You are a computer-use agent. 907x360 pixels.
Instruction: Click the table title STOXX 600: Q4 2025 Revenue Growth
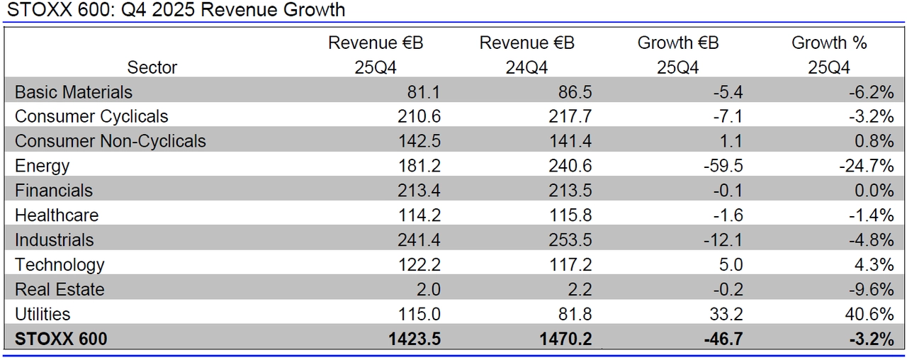[x=176, y=10]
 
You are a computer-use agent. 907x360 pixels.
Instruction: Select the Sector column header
[x=152, y=67]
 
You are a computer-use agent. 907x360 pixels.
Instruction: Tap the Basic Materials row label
[x=74, y=92]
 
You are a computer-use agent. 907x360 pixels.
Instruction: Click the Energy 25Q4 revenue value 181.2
[x=419, y=166]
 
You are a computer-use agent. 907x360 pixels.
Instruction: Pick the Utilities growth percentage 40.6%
[x=872, y=314]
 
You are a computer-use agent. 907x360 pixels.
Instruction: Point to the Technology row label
[x=60, y=265]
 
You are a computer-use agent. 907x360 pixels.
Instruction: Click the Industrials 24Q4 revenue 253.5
[x=570, y=240]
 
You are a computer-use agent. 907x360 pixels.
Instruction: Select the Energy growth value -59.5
[x=722, y=166]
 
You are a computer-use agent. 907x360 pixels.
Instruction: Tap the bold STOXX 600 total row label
[x=61, y=339]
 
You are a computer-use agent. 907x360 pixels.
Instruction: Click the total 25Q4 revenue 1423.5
[x=415, y=339]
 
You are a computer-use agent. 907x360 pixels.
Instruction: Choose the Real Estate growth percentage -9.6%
[x=874, y=289]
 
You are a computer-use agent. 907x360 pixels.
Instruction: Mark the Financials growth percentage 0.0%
[x=875, y=191]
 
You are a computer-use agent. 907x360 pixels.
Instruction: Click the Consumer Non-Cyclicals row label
[x=111, y=141]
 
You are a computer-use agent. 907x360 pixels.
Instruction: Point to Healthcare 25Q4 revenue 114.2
[x=419, y=215]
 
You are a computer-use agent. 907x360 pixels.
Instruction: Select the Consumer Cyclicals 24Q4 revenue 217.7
[x=570, y=116]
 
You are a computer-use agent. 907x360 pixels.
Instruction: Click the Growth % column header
[x=829, y=43]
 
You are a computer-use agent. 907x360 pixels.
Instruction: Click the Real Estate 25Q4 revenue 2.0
[x=427, y=289]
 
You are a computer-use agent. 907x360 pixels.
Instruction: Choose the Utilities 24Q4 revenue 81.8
[x=574, y=314]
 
